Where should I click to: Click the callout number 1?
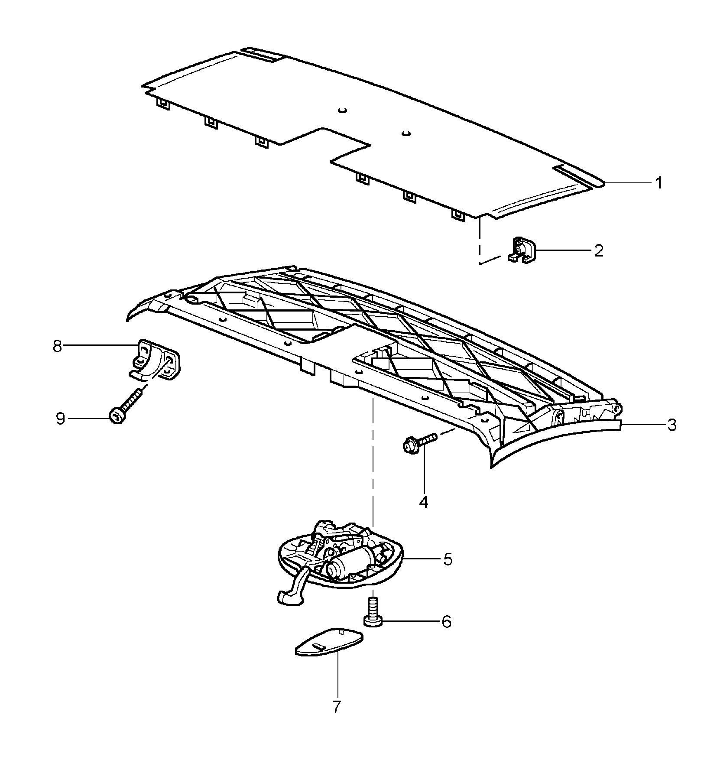click(x=658, y=183)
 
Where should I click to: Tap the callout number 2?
click(x=598, y=250)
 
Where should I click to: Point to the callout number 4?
click(x=423, y=502)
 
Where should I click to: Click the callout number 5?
click(x=448, y=559)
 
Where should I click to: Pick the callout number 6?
click(x=446, y=622)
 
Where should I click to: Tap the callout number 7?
click(x=337, y=707)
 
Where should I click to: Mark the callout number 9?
click(x=60, y=419)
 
